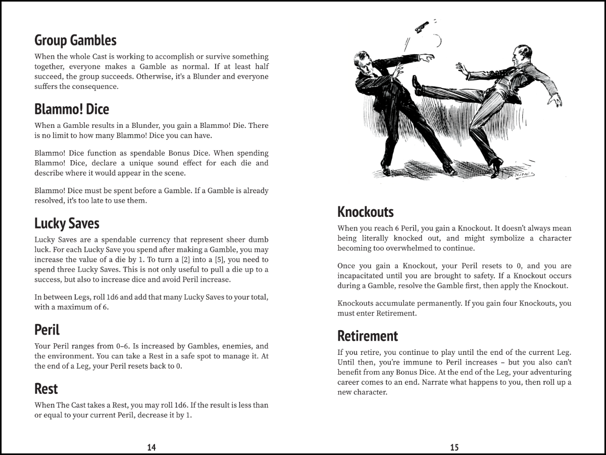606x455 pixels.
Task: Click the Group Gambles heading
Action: coord(75,40)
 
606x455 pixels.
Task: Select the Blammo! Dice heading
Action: coord(72,109)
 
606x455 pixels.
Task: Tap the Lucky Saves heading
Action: coord(67,223)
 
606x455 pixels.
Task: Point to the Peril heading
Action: coord(47,330)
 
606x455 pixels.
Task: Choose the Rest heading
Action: coord(46,389)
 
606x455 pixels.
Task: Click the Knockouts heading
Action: coord(365,212)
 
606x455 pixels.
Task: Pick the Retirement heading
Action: coord(368,336)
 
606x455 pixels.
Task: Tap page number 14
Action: coord(151,447)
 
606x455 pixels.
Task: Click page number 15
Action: coord(454,447)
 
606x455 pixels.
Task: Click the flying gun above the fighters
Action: coord(421,26)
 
